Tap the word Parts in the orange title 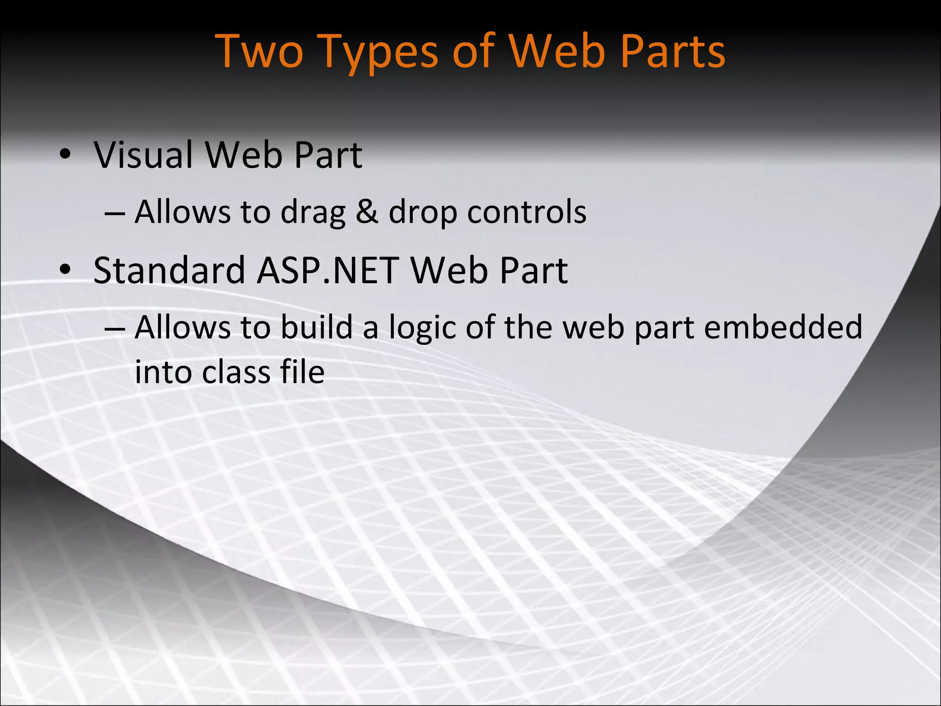672,51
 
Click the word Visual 143,155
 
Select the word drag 312,212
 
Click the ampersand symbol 367,212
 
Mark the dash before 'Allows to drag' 115,213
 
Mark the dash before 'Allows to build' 115,328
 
